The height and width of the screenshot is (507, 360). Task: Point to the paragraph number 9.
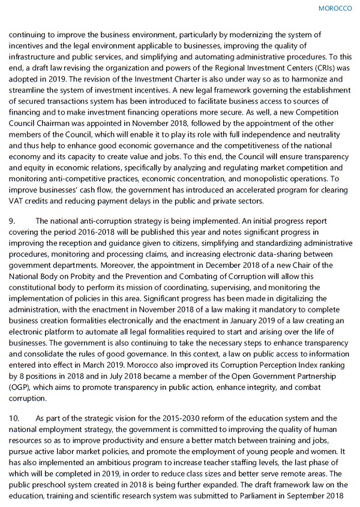click(x=11, y=221)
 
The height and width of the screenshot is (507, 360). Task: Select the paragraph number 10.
click(x=13, y=418)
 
